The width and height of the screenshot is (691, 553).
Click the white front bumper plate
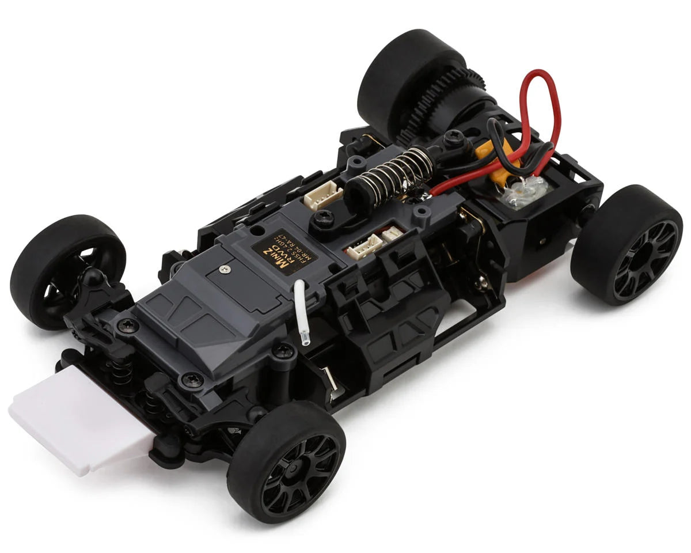pos(75,423)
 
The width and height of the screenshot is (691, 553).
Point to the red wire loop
pos(538,109)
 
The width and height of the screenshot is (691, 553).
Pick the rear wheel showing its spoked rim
pos(628,245)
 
